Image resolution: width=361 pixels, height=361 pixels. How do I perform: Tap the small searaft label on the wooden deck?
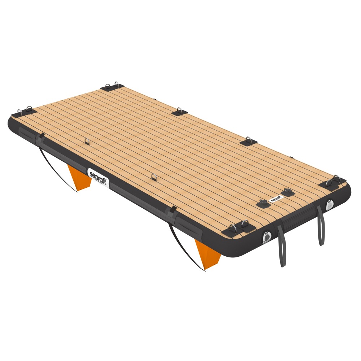coord(275,199)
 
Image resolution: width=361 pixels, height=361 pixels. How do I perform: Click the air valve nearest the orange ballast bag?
coord(267,237)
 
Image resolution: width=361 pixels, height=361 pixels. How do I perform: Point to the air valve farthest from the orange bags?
coord(329,205)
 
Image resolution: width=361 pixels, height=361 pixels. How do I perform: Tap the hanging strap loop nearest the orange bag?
coord(281,245)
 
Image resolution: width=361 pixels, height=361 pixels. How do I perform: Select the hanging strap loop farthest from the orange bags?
coord(320,226)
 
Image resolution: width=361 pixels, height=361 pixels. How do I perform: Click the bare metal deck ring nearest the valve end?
coord(155,177)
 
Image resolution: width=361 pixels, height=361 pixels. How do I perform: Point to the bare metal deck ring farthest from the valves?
coord(87,141)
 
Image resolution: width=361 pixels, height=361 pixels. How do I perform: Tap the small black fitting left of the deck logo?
coord(264,204)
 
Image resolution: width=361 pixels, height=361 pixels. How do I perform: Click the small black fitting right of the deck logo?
coord(288,192)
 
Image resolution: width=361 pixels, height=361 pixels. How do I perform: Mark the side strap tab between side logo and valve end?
coord(173,210)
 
